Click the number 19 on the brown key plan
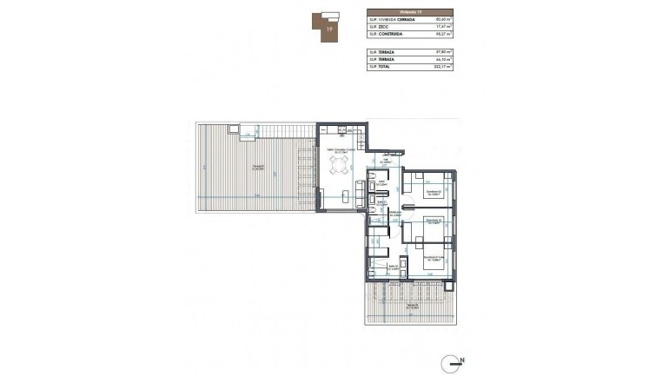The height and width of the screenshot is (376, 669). coord(328,29)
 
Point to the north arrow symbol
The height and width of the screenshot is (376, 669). coord(453,359)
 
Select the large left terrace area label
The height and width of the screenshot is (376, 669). coord(258,168)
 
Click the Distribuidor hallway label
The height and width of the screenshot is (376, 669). coord(394,213)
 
